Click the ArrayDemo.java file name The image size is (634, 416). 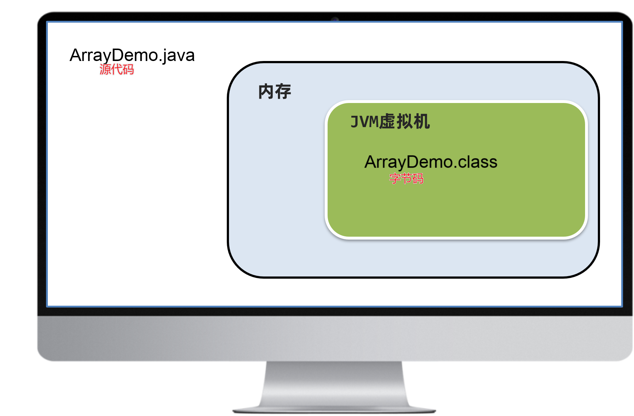click(132, 56)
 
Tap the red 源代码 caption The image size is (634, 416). click(117, 69)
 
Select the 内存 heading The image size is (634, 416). click(275, 91)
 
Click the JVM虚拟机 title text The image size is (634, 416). click(390, 122)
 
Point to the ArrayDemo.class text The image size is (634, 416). click(431, 162)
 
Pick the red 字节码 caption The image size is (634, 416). click(406, 179)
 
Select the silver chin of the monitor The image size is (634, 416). click(334, 338)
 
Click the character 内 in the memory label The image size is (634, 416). click(266, 91)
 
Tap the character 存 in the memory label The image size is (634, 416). click(283, 91)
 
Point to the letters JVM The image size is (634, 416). click(364, 122)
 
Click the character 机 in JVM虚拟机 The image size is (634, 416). click(421, 122)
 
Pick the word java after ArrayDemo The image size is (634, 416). click(179, 56)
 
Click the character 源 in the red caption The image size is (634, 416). click(105, 69)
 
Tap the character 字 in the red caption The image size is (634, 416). click(395, 179)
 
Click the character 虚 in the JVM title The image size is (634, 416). click(387, 122)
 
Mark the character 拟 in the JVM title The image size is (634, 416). click(404, 122)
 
